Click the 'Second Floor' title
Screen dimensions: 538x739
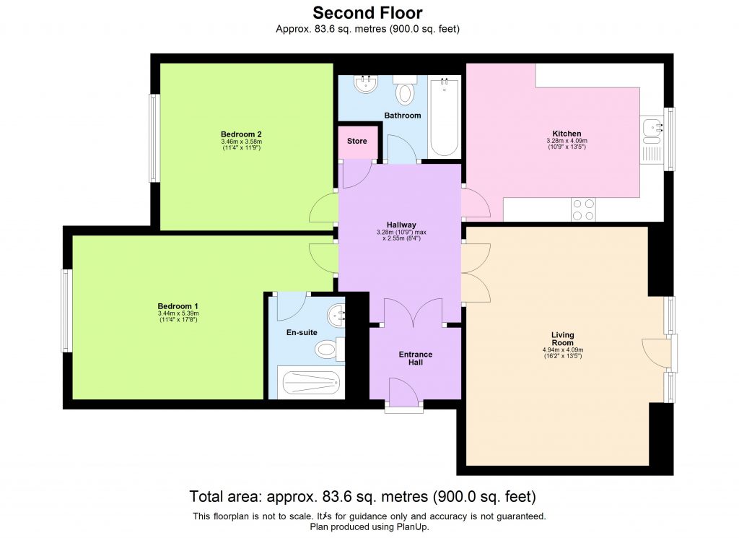pyautogui.click(x=367, y=12)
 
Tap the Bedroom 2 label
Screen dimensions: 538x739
pyautogui.click(x=241, y=134)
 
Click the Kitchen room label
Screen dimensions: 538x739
pyautogui.click(x=567, y=134)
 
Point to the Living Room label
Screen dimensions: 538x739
pyautogui.click(x=562, y=339)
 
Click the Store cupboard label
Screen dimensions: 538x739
pyautogui.click(x=357, y=141)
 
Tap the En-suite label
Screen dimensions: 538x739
pyautogui.click(x=302, y=332)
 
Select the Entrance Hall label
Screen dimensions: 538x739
pyautogui.click(x=415, y=358)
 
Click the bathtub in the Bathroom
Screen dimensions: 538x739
pyautogui.click(x=444, y=117)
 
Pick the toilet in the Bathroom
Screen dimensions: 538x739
pyautogui.click(x=406, y=92)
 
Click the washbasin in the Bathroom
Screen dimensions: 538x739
pyautogui.click(x=366, y=84)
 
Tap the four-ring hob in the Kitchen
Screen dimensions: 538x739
pyautogui.click(x=583, y=209)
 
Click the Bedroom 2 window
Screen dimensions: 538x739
pyautogui.click(x=153, y=138)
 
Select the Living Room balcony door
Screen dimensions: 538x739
pyautogui.click(x=658, y=352)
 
